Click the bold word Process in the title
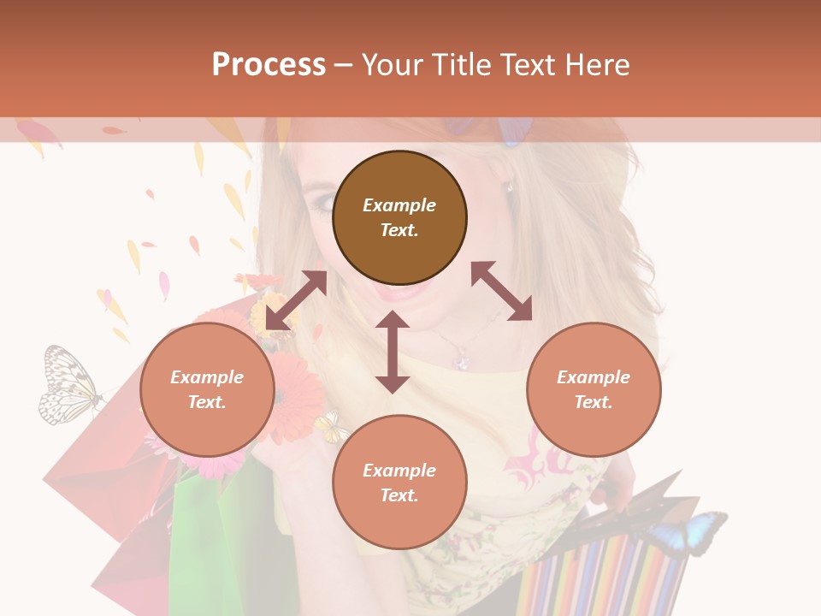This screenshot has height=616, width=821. [x=269, y=65]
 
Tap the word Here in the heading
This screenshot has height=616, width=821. [x=594, y=65]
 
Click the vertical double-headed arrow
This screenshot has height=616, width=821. [x=393, y=352]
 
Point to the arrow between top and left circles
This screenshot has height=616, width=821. [x=296, y=300]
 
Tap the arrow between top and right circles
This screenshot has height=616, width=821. [x=501, y=291]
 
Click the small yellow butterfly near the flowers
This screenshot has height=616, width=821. [x=331, y=426]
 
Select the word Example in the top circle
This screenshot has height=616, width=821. [x=399, y=205]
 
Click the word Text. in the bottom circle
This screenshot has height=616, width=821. [x=399, y=495]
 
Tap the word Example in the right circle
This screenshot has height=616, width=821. [x=594, y=377]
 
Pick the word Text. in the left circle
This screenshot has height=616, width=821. [x=207, y=402]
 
